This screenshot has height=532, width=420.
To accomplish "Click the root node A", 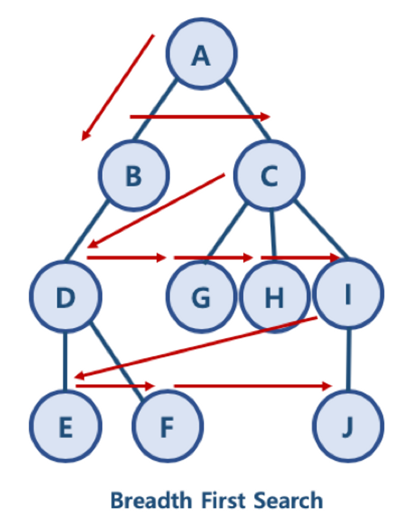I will [x=201, y=54].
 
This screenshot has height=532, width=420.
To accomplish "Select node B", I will [x=134, y=175].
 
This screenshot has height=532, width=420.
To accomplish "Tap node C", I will [x=269, y=175].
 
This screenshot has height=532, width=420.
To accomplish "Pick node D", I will [x=65, y=296].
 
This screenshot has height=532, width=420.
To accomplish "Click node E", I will [x=65, y=427].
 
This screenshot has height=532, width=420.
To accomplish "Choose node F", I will [x=167, y=427].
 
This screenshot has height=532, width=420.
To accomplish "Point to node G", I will [x=201, y=297].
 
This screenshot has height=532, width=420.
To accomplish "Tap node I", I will [x=348, y=294].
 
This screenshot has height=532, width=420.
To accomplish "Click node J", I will [x=348, y=427].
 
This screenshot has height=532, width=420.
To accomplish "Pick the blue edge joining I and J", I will [x=349, y=358].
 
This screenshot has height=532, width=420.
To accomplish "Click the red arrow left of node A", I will [x=118, y=87].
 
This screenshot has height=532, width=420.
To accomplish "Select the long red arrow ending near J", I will [x=251, y=386].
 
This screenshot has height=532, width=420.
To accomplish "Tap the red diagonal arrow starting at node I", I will [x=197, y=347].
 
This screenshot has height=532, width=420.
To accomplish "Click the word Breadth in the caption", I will [x=151, y=500].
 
